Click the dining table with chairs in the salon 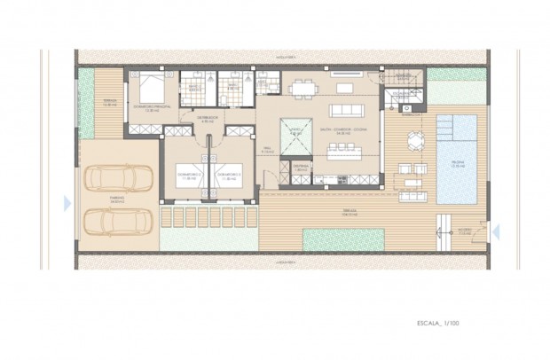coord(302,88)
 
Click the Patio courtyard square coord(295,135)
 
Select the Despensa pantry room coord(300,168)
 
